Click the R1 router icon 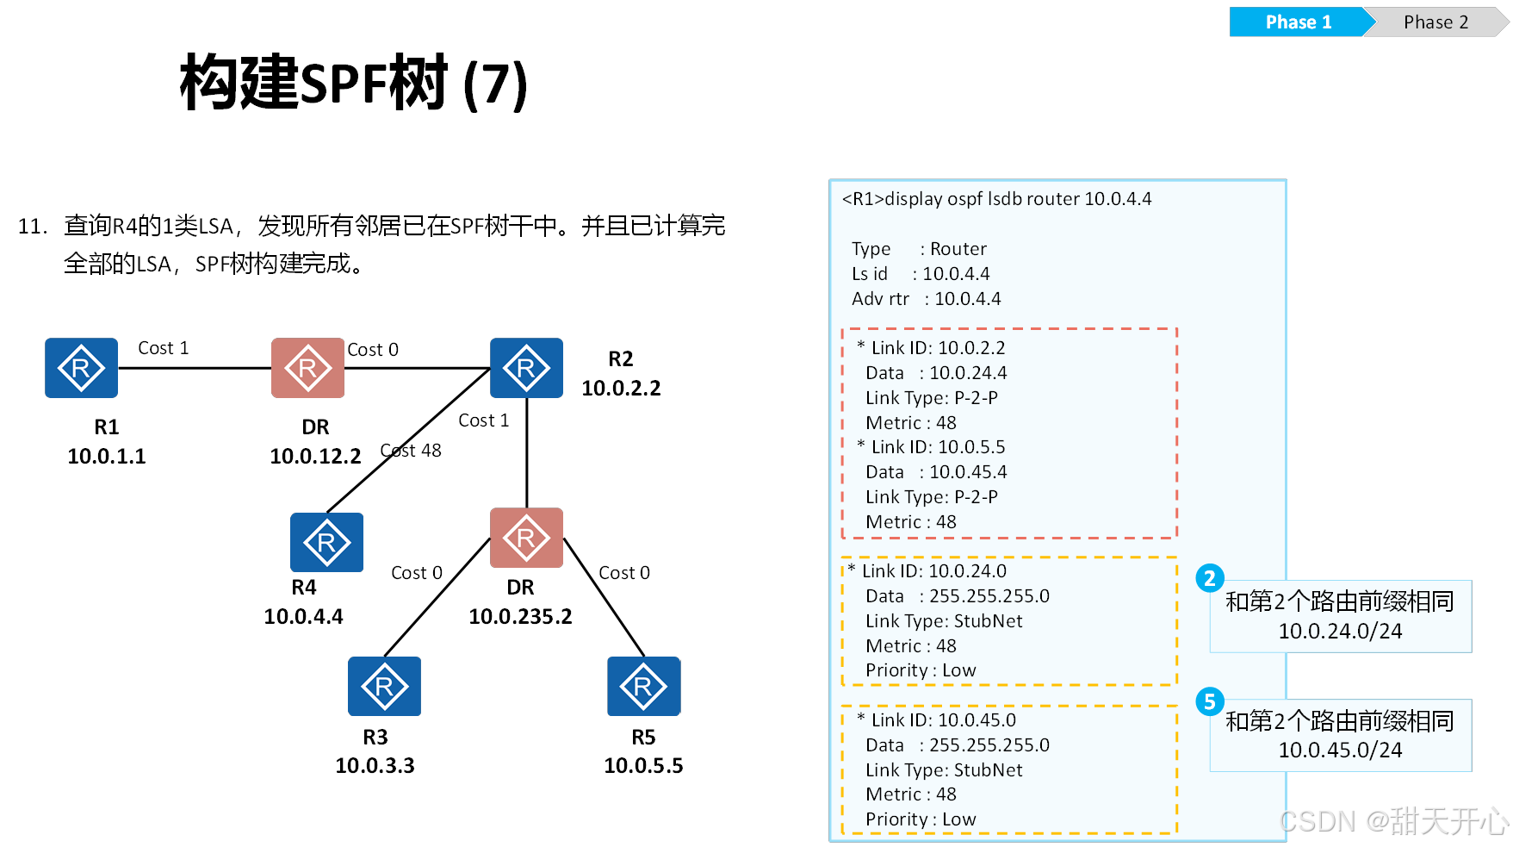click(x=81, y=368)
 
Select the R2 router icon click(x=526, y=368)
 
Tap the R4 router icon click(x=326, y=542)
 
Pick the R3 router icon click(x=384, y=686)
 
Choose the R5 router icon click(x=643, y=686)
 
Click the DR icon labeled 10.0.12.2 click(x=307, y=368)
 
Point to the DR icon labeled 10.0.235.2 click(x=526, y=538)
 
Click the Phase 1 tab click(x=1298, y=22)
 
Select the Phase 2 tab click(x=1435, y=22)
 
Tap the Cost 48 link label click(x=411, y=451)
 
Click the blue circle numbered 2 click(x=1210, y=578)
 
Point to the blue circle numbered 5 click(x=1210, y=701)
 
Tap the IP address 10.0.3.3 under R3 click(x=375, y=765)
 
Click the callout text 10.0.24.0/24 click(x=1340, y=632)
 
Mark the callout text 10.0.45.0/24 click(x=1340, y=750)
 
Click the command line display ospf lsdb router click(x=996, y=199)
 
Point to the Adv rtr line click(x=926, y=299)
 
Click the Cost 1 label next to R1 click(x=163, y=348)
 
